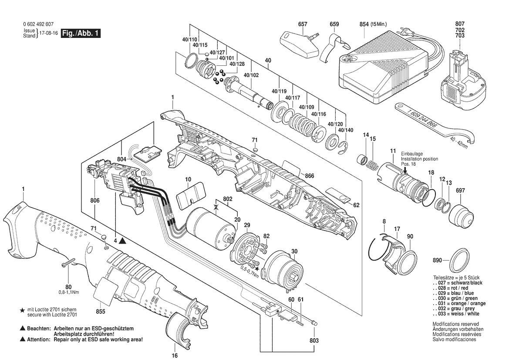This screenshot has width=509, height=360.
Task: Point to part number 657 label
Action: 303,24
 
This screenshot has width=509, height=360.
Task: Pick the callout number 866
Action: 309,176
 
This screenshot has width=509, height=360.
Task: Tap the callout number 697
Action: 460,190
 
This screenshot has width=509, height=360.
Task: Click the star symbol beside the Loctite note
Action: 22,311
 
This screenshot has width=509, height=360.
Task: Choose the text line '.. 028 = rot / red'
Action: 451,288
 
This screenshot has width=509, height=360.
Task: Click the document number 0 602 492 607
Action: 39,24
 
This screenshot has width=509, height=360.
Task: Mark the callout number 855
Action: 101,312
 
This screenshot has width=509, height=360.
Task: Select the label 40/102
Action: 251,75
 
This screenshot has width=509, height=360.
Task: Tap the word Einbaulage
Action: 412,154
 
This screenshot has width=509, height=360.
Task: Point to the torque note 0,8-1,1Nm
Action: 69,292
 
